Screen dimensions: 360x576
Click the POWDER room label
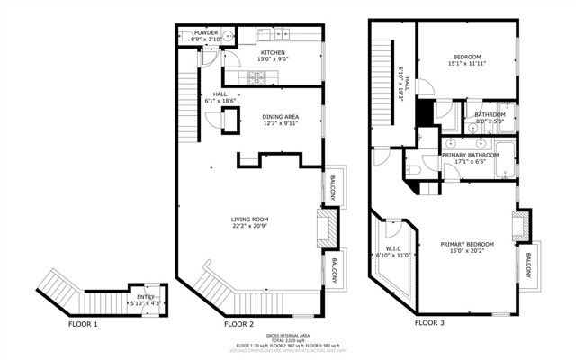(x=206, y=32)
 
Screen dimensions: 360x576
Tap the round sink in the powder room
(x=227, y=37)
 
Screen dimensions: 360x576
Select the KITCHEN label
(x=274, y=53)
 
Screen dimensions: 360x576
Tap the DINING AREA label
(x=280, y=117)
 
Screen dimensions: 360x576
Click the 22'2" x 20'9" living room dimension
(x=249, y=225)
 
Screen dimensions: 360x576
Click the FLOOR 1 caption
(x=84, y=322)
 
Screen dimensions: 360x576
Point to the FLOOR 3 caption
(x=429, y=321)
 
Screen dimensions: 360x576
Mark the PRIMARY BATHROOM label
(x=470, y=155)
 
